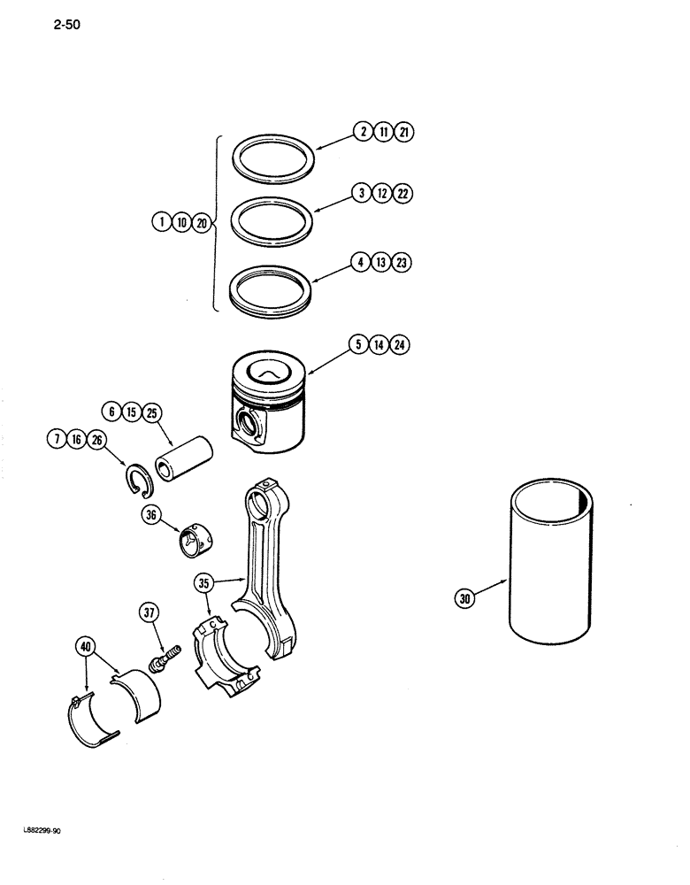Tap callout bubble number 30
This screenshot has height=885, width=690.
tap(465, 599)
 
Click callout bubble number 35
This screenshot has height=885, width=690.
tap(205, 583)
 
